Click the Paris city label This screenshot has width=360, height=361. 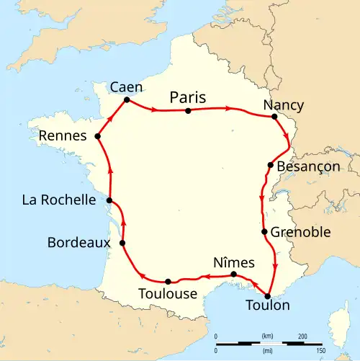(188, 97)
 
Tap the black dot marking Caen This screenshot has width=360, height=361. (127, 99)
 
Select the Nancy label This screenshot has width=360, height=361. (283, 105)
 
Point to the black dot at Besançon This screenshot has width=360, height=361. (271, 165)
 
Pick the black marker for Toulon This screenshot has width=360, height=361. (268, 295)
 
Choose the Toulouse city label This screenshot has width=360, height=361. (168, 294)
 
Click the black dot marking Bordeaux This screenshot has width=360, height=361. (123, 243)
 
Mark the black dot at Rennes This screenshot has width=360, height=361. (97, 135)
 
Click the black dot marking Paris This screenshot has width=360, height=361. (188, 111)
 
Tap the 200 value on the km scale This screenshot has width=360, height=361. (302, 337)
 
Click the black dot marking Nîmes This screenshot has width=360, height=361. (233, 275)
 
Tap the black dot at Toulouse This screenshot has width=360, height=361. (168, 281)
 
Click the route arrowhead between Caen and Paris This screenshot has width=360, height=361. (156, 110)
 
